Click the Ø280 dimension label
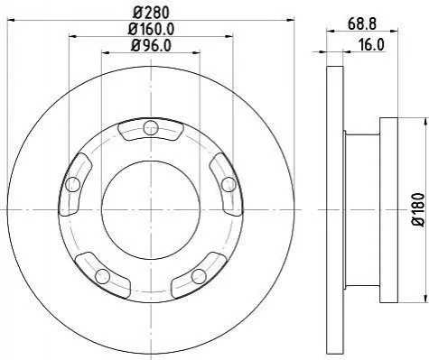(151, 13)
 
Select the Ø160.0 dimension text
(151, 29)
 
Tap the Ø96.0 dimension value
(151, 45)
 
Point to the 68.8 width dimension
(362, 23)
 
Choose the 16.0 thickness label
(371, 45)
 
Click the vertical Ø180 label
(418, 209)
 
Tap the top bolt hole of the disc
(151, 128)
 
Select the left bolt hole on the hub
(72, 184)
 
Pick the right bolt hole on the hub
(228, 184)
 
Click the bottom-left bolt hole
(102, 276)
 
